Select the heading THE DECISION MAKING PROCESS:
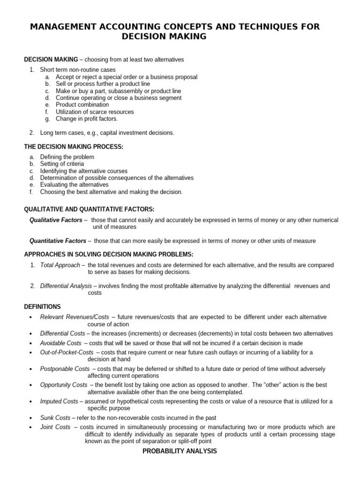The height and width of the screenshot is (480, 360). click(74, 147)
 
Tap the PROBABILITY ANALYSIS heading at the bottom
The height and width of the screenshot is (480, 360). click(180, 451)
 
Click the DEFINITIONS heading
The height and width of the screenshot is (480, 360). click(43, 307)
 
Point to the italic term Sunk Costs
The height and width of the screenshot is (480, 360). click(55, 417)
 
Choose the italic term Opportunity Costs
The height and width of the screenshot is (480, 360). click(64, 385)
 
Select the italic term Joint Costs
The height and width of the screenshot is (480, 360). click(55, 427)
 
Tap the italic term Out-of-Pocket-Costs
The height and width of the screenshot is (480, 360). click(67, 352)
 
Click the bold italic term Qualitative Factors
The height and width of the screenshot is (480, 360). click(56, 220)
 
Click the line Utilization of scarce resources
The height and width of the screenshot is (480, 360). click(95, 112)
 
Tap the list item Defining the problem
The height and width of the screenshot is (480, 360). click(67, 157)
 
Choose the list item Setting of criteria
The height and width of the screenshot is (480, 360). click(62, 164)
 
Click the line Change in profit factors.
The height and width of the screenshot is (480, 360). click(87, 119)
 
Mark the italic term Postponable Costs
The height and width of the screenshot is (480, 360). click(65, 368)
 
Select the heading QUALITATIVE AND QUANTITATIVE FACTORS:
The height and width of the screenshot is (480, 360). click(89, 209)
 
